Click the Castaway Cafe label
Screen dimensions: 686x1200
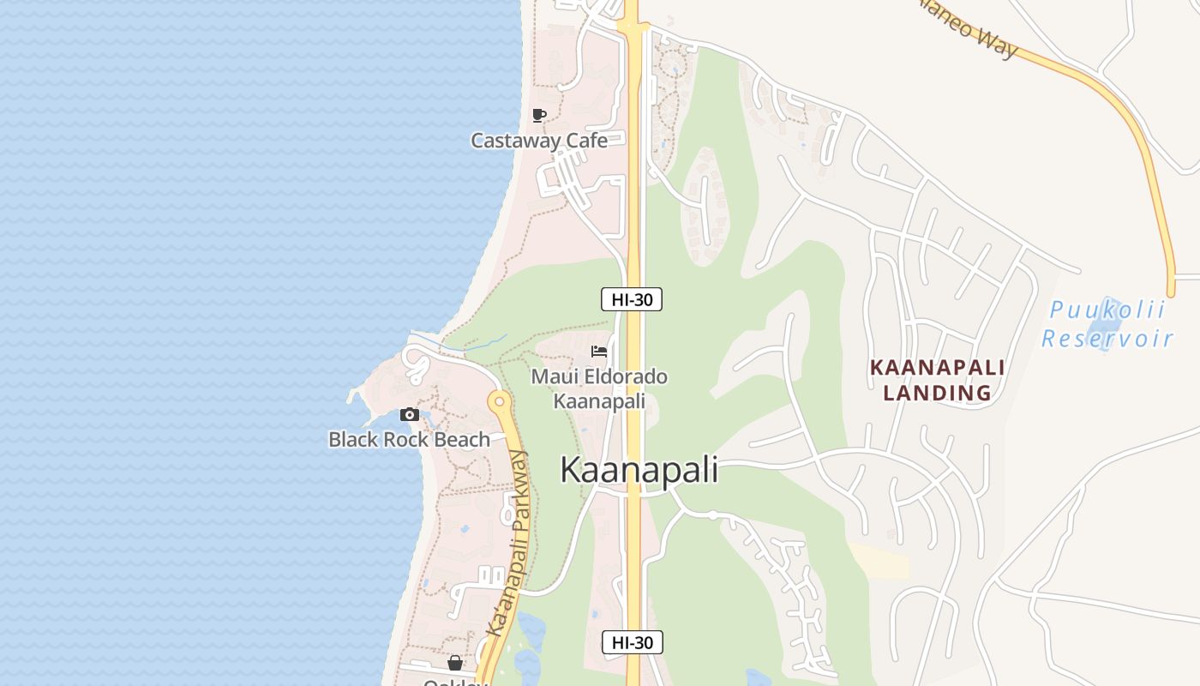(539, 141)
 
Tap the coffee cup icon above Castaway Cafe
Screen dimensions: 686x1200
(539, 115)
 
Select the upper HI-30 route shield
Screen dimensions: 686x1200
(632, 299)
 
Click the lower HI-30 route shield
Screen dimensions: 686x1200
(632, 642)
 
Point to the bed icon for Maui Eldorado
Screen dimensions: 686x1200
(599, 352)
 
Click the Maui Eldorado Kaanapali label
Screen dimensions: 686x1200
(599, 388)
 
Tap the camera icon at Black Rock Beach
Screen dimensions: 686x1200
(410, 415)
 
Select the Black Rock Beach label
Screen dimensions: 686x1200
(409, 440)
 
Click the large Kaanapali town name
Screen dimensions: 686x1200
(639, 470)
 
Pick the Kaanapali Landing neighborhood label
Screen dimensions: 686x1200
(937, 380)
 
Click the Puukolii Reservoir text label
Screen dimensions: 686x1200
(1107, 324)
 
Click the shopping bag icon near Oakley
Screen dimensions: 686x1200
(455, 663)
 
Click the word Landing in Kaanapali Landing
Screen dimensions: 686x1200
(937, 393)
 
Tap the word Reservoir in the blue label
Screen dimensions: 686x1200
(1107, 338)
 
